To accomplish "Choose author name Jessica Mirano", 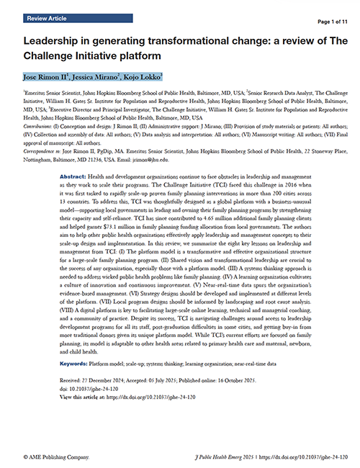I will (100, 76).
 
